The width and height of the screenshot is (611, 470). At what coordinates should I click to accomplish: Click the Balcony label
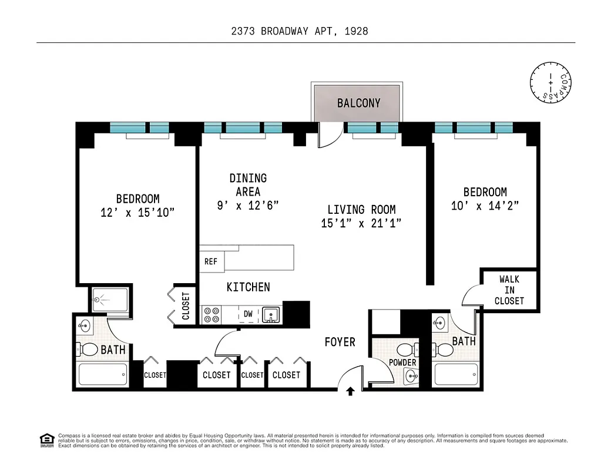358,103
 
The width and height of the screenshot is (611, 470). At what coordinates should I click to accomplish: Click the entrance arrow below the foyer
350,391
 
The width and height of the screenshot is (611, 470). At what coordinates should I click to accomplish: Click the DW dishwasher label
249,314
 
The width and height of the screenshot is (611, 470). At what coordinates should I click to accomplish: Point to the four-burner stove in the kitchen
211,315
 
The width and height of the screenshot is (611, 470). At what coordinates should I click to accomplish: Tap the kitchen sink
271,314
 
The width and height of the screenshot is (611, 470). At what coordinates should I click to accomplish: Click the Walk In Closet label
509,290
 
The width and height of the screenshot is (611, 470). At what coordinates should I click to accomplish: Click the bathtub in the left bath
103,374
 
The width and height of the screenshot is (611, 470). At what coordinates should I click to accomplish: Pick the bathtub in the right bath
456,374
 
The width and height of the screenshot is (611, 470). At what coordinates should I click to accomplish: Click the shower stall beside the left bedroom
111,299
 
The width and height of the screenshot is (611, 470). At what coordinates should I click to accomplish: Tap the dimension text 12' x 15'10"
137,213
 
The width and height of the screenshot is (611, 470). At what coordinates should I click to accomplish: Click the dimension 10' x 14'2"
485,206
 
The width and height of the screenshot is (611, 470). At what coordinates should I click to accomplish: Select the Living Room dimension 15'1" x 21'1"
361,223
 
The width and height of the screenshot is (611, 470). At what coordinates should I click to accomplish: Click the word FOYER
340,342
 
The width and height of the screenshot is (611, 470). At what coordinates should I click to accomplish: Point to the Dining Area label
248,184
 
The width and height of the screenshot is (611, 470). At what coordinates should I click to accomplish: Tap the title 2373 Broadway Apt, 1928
300,31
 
